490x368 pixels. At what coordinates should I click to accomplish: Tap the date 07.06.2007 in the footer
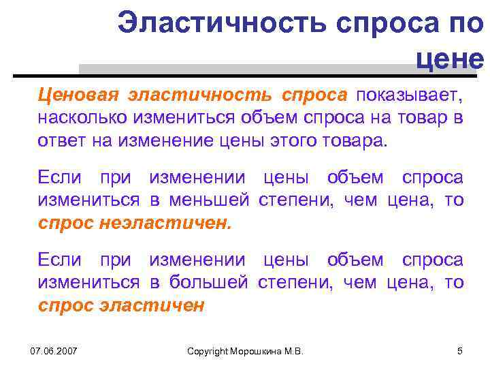tap(54, 351)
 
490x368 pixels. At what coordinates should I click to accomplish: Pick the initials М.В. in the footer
tap(293, 351)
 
